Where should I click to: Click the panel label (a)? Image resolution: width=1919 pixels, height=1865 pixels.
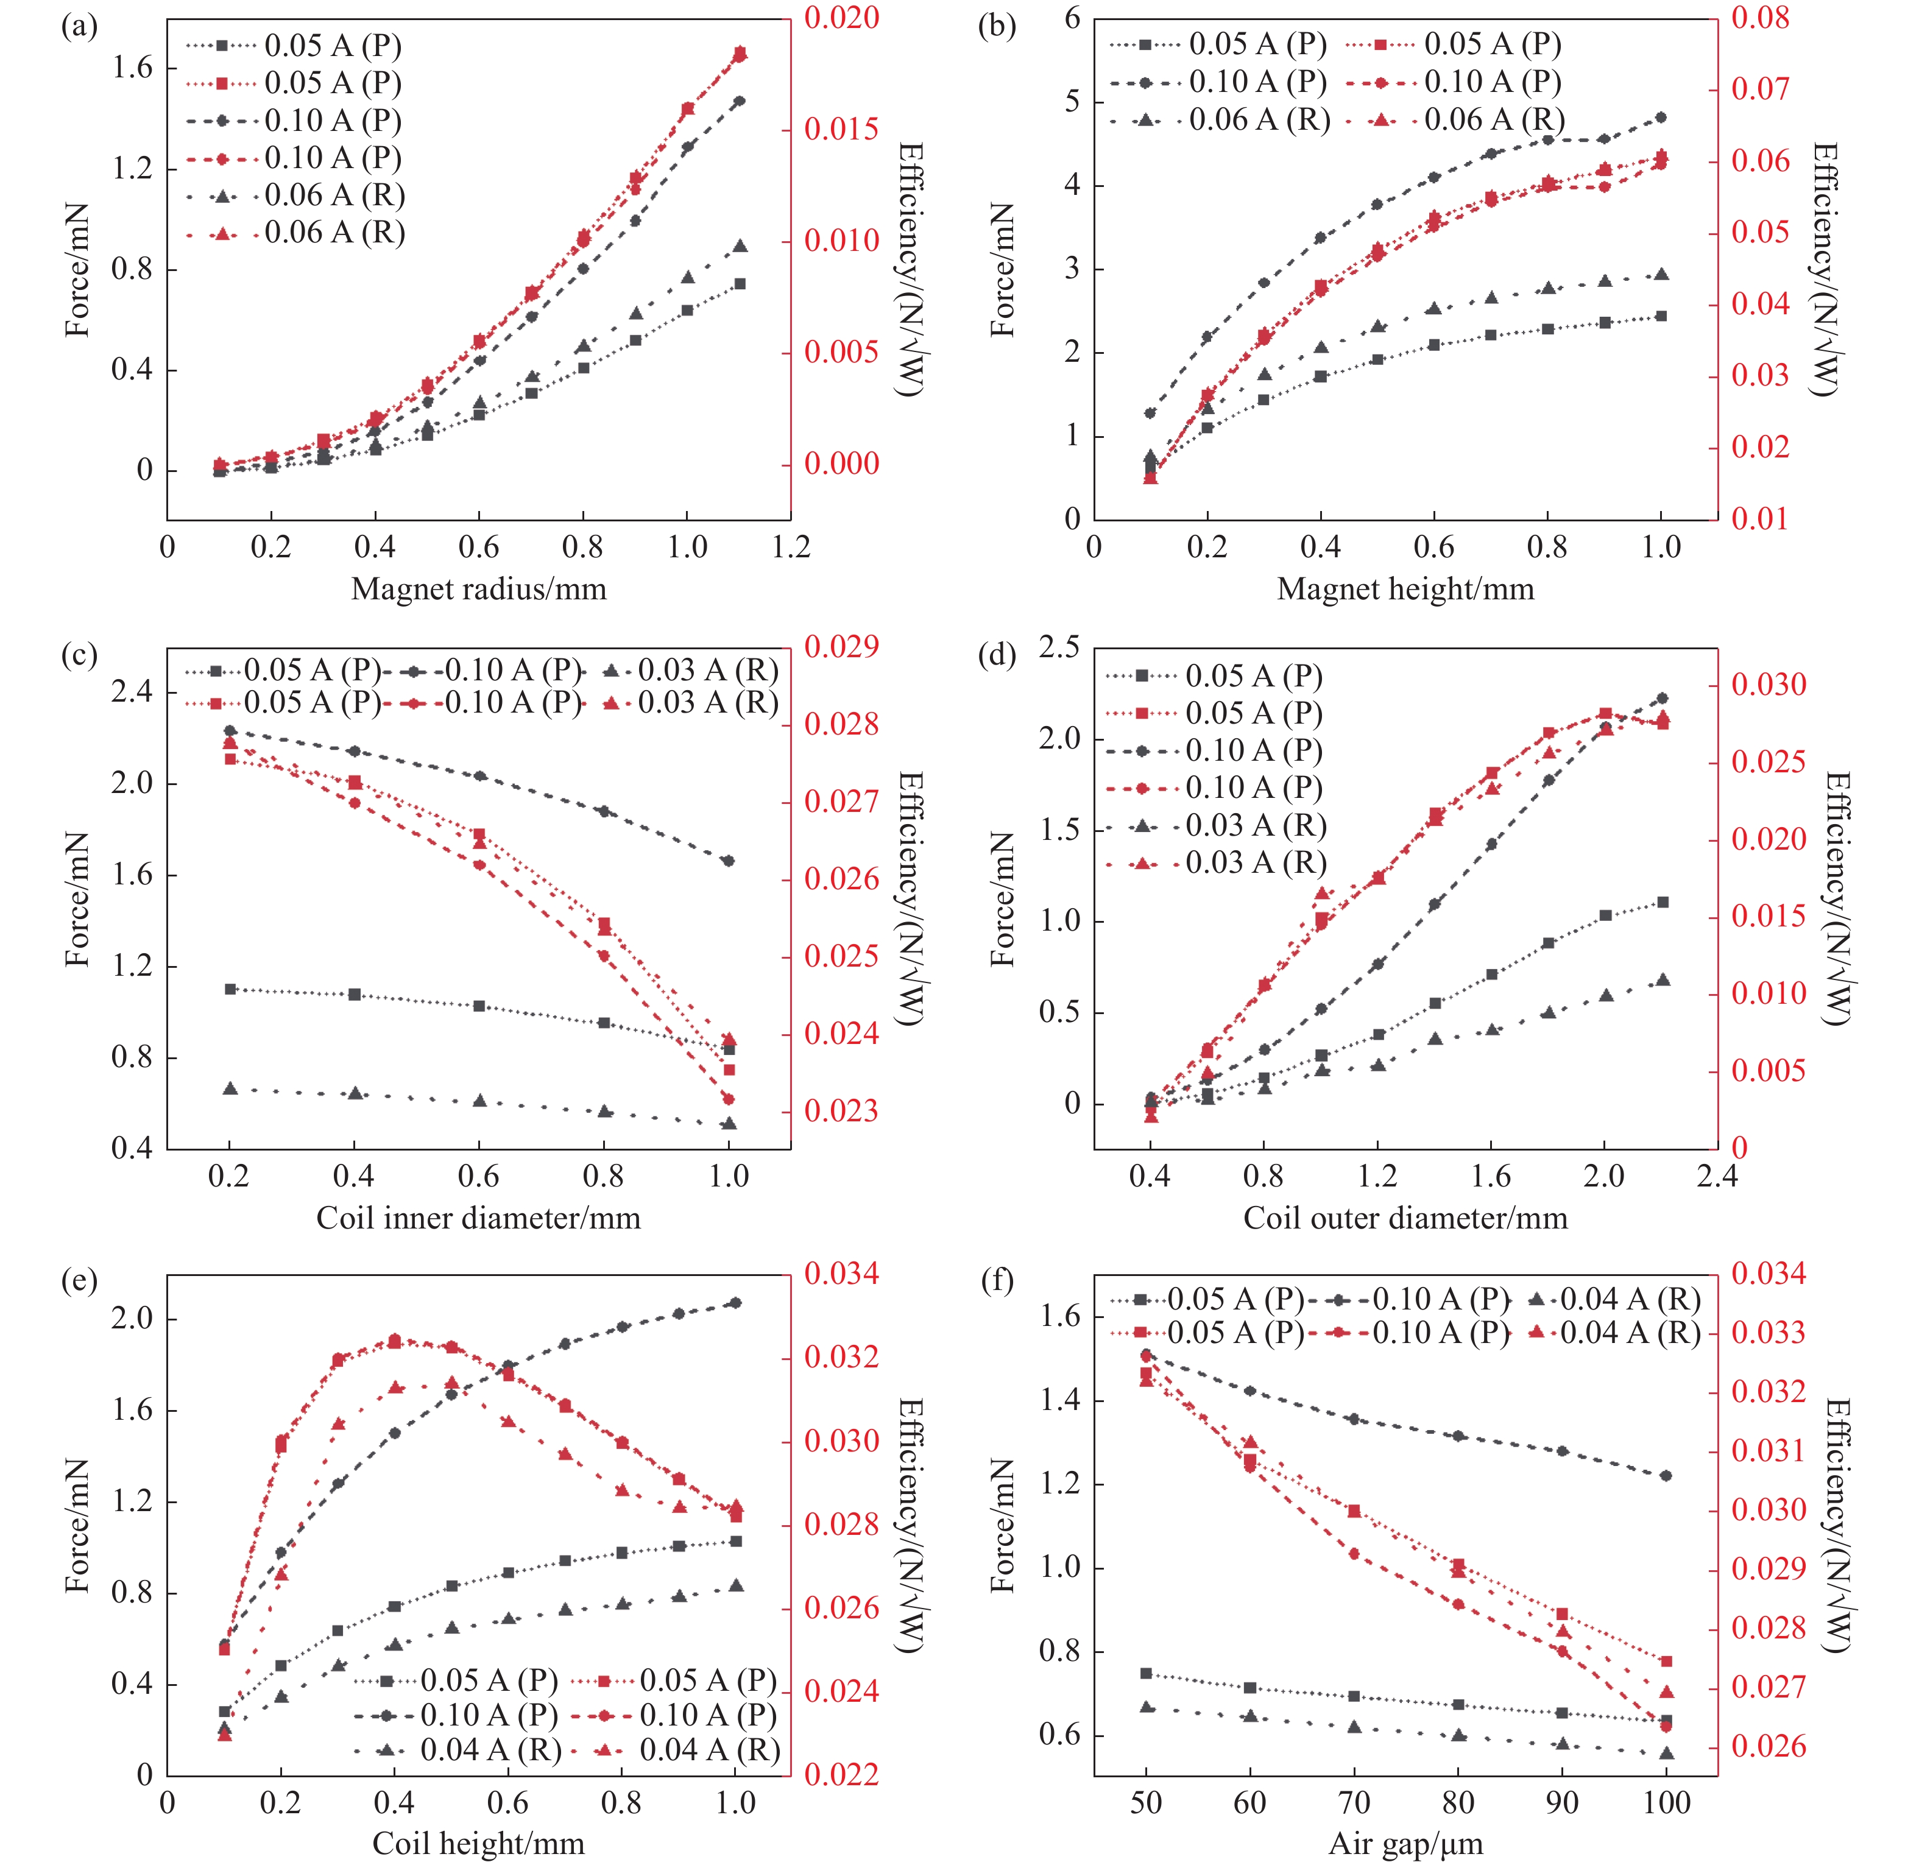79,26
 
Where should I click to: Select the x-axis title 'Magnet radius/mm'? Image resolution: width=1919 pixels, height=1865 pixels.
478,589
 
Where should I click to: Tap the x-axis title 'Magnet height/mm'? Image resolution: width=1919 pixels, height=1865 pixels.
1405,589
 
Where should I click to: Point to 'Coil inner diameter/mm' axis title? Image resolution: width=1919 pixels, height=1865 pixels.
478,1218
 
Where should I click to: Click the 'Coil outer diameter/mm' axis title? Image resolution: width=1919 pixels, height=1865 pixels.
1405,1218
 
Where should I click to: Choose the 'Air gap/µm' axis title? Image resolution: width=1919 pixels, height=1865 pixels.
1405,1844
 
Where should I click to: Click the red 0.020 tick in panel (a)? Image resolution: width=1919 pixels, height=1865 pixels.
841,18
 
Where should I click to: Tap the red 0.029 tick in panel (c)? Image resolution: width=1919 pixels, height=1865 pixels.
841,646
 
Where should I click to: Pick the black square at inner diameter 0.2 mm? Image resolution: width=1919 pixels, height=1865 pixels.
230,989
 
